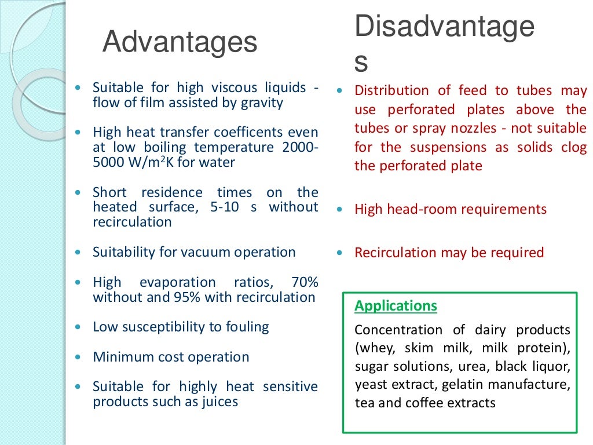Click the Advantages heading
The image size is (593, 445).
180,43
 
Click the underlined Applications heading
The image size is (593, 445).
396,305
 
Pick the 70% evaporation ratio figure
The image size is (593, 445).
303,282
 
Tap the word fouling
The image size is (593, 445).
247,327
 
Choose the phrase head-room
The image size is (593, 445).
415,209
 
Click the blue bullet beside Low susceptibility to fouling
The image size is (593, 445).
78,327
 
